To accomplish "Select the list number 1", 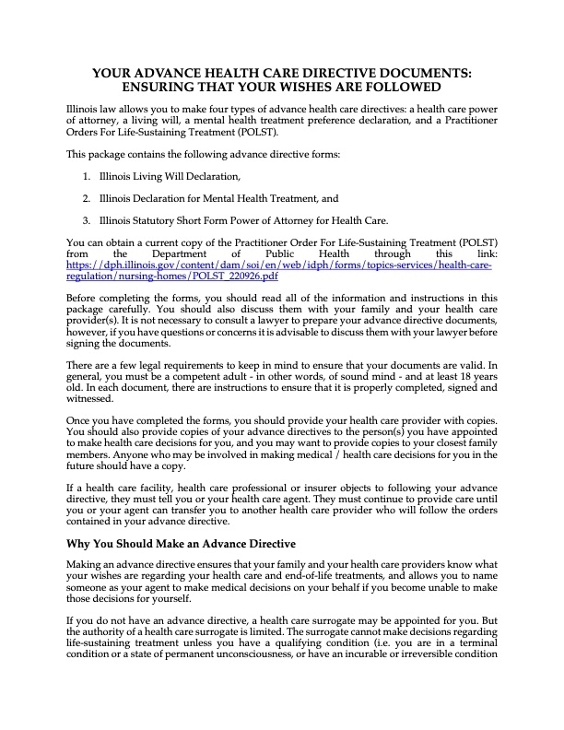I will pos(86,176).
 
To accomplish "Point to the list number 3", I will pos(86,220).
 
